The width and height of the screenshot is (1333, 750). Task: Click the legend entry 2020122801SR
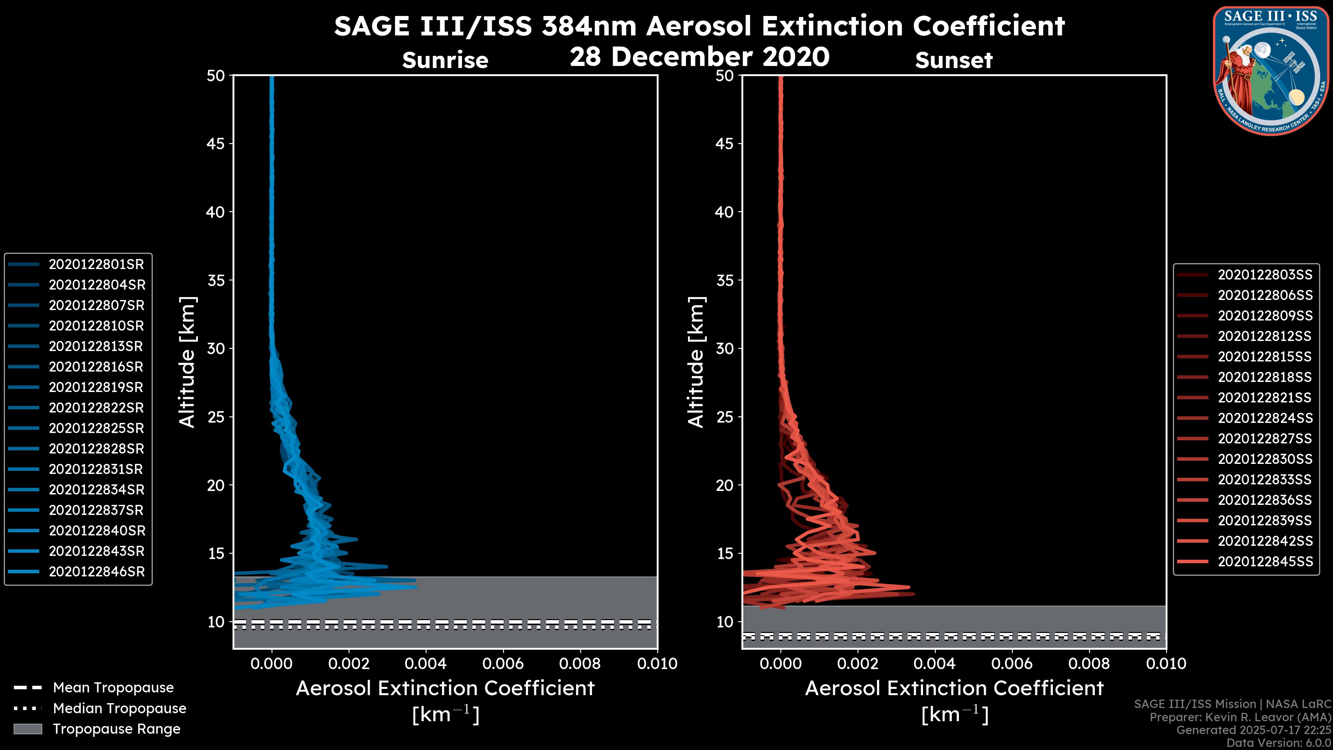point(96,265)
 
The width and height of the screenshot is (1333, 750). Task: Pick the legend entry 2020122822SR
point(96,408)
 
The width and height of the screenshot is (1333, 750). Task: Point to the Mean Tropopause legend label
point(113,688)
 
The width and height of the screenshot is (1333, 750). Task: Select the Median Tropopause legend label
point(119,709)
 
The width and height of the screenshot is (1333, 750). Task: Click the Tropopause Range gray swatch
point(28,729)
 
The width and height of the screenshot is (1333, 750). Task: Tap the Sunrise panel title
point(445,60)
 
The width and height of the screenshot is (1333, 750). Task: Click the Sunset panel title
point(954,60)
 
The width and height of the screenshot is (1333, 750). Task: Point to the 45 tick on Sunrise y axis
point(216,144)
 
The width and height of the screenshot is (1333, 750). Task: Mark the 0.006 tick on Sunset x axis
point(1012,664)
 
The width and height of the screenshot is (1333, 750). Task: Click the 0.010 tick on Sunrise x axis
point(657,664)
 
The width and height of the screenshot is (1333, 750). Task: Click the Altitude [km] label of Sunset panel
point(696,362)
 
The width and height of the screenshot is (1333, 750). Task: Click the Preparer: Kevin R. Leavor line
point(1240,717)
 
